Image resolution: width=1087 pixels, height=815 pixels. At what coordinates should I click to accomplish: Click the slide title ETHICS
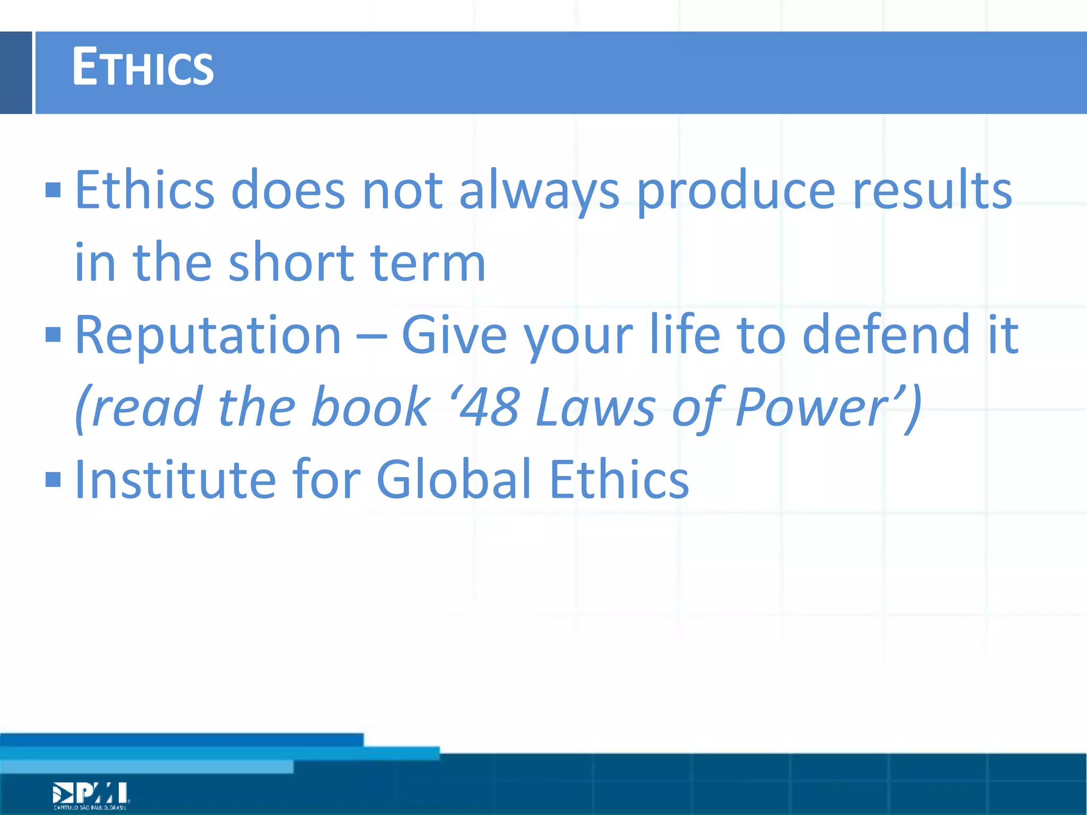[142, 67]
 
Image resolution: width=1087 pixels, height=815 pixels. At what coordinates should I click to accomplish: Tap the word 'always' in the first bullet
[539, 191]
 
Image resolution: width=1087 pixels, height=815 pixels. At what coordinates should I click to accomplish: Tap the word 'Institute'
[176, 480]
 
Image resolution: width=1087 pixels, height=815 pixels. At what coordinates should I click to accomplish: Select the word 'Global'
[454, 480]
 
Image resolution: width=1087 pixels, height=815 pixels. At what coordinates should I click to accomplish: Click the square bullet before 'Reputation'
[54, 335]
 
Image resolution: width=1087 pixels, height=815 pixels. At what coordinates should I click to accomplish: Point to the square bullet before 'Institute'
[54, 480]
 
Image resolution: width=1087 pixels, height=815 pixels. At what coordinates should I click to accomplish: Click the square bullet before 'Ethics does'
[54, 190]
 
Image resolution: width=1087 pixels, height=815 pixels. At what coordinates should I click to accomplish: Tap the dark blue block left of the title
[16, 73]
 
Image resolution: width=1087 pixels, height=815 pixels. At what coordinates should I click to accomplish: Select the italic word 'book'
[370, 407]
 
